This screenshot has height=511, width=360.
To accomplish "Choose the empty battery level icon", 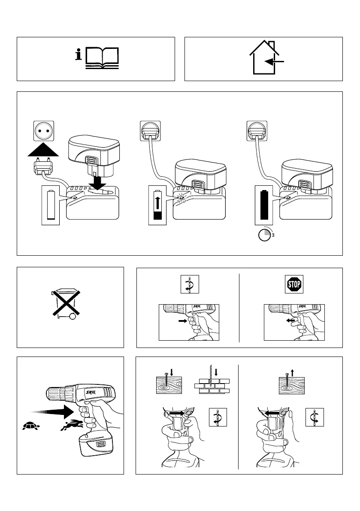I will tap(51, 206).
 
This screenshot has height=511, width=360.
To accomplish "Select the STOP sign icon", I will tap(294, 284).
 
